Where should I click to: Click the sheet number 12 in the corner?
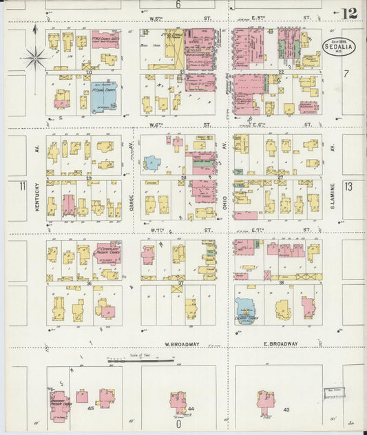tap(348, 13)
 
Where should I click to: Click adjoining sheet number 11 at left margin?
tap(22, 187)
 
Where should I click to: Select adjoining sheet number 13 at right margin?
tap(348, 187)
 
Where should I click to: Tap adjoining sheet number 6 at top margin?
tap(177, 5)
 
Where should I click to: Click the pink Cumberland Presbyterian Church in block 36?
tap(107, 253)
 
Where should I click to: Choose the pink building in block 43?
tap(266, 399)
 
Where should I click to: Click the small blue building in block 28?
tap(151, 163)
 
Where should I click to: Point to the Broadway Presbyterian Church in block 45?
tap(59, 405)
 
